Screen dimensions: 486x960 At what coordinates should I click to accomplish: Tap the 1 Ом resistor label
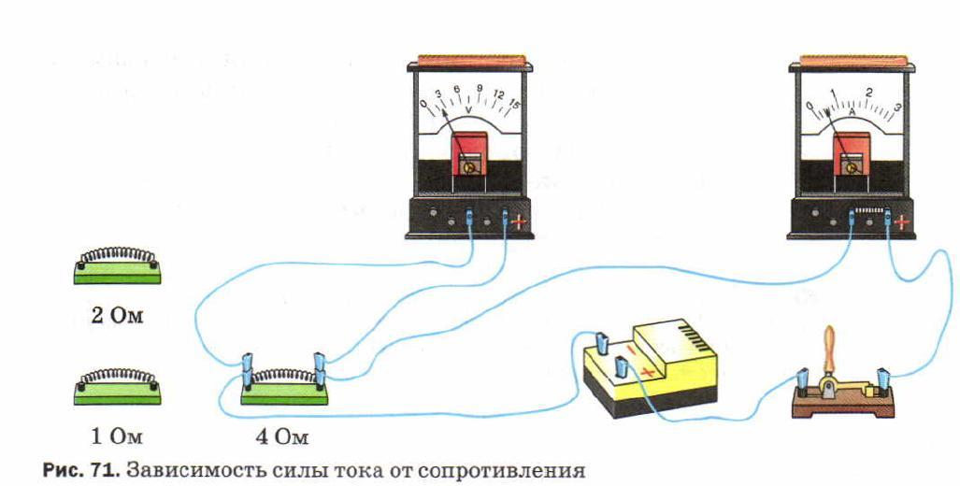117,435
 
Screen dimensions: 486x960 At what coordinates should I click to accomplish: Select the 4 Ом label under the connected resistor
281,436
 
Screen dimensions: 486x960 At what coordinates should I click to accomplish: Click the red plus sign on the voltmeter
521,222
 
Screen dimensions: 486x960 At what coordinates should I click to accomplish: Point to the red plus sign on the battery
646,371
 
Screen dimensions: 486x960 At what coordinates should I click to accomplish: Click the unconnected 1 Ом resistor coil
117,379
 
